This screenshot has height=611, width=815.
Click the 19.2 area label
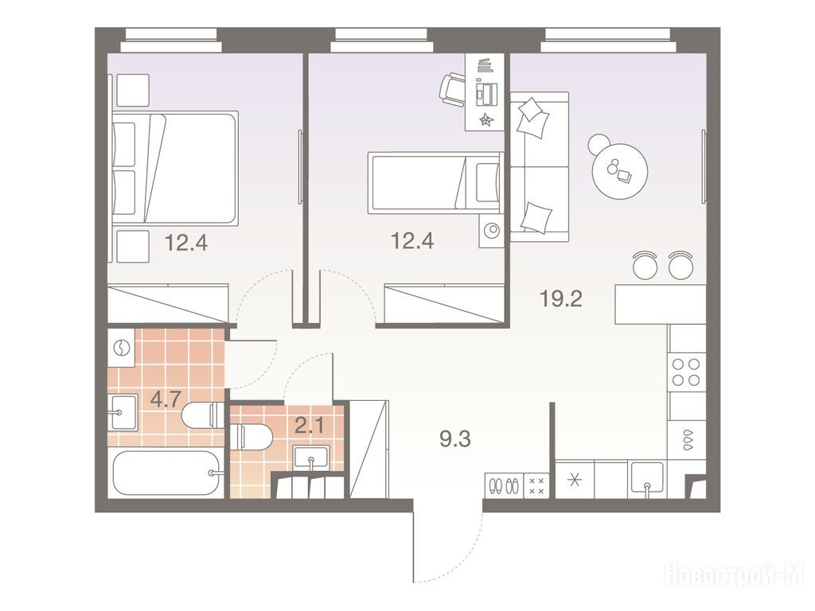point(561,299)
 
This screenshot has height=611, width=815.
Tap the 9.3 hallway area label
point(454,439)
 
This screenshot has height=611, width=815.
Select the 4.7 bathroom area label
point(166,399)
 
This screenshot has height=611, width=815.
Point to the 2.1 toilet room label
point(310,426)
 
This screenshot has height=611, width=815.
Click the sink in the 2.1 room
point(311,457)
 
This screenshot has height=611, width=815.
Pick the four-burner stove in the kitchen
point(686,372)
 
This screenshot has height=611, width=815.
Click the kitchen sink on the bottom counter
point(647,479)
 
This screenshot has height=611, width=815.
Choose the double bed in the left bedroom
point(175,168)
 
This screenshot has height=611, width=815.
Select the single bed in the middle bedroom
point(435,182)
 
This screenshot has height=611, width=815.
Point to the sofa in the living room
point(539,167)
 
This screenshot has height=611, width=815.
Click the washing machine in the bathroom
point(122,349)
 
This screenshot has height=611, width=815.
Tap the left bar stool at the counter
point(645,265)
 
